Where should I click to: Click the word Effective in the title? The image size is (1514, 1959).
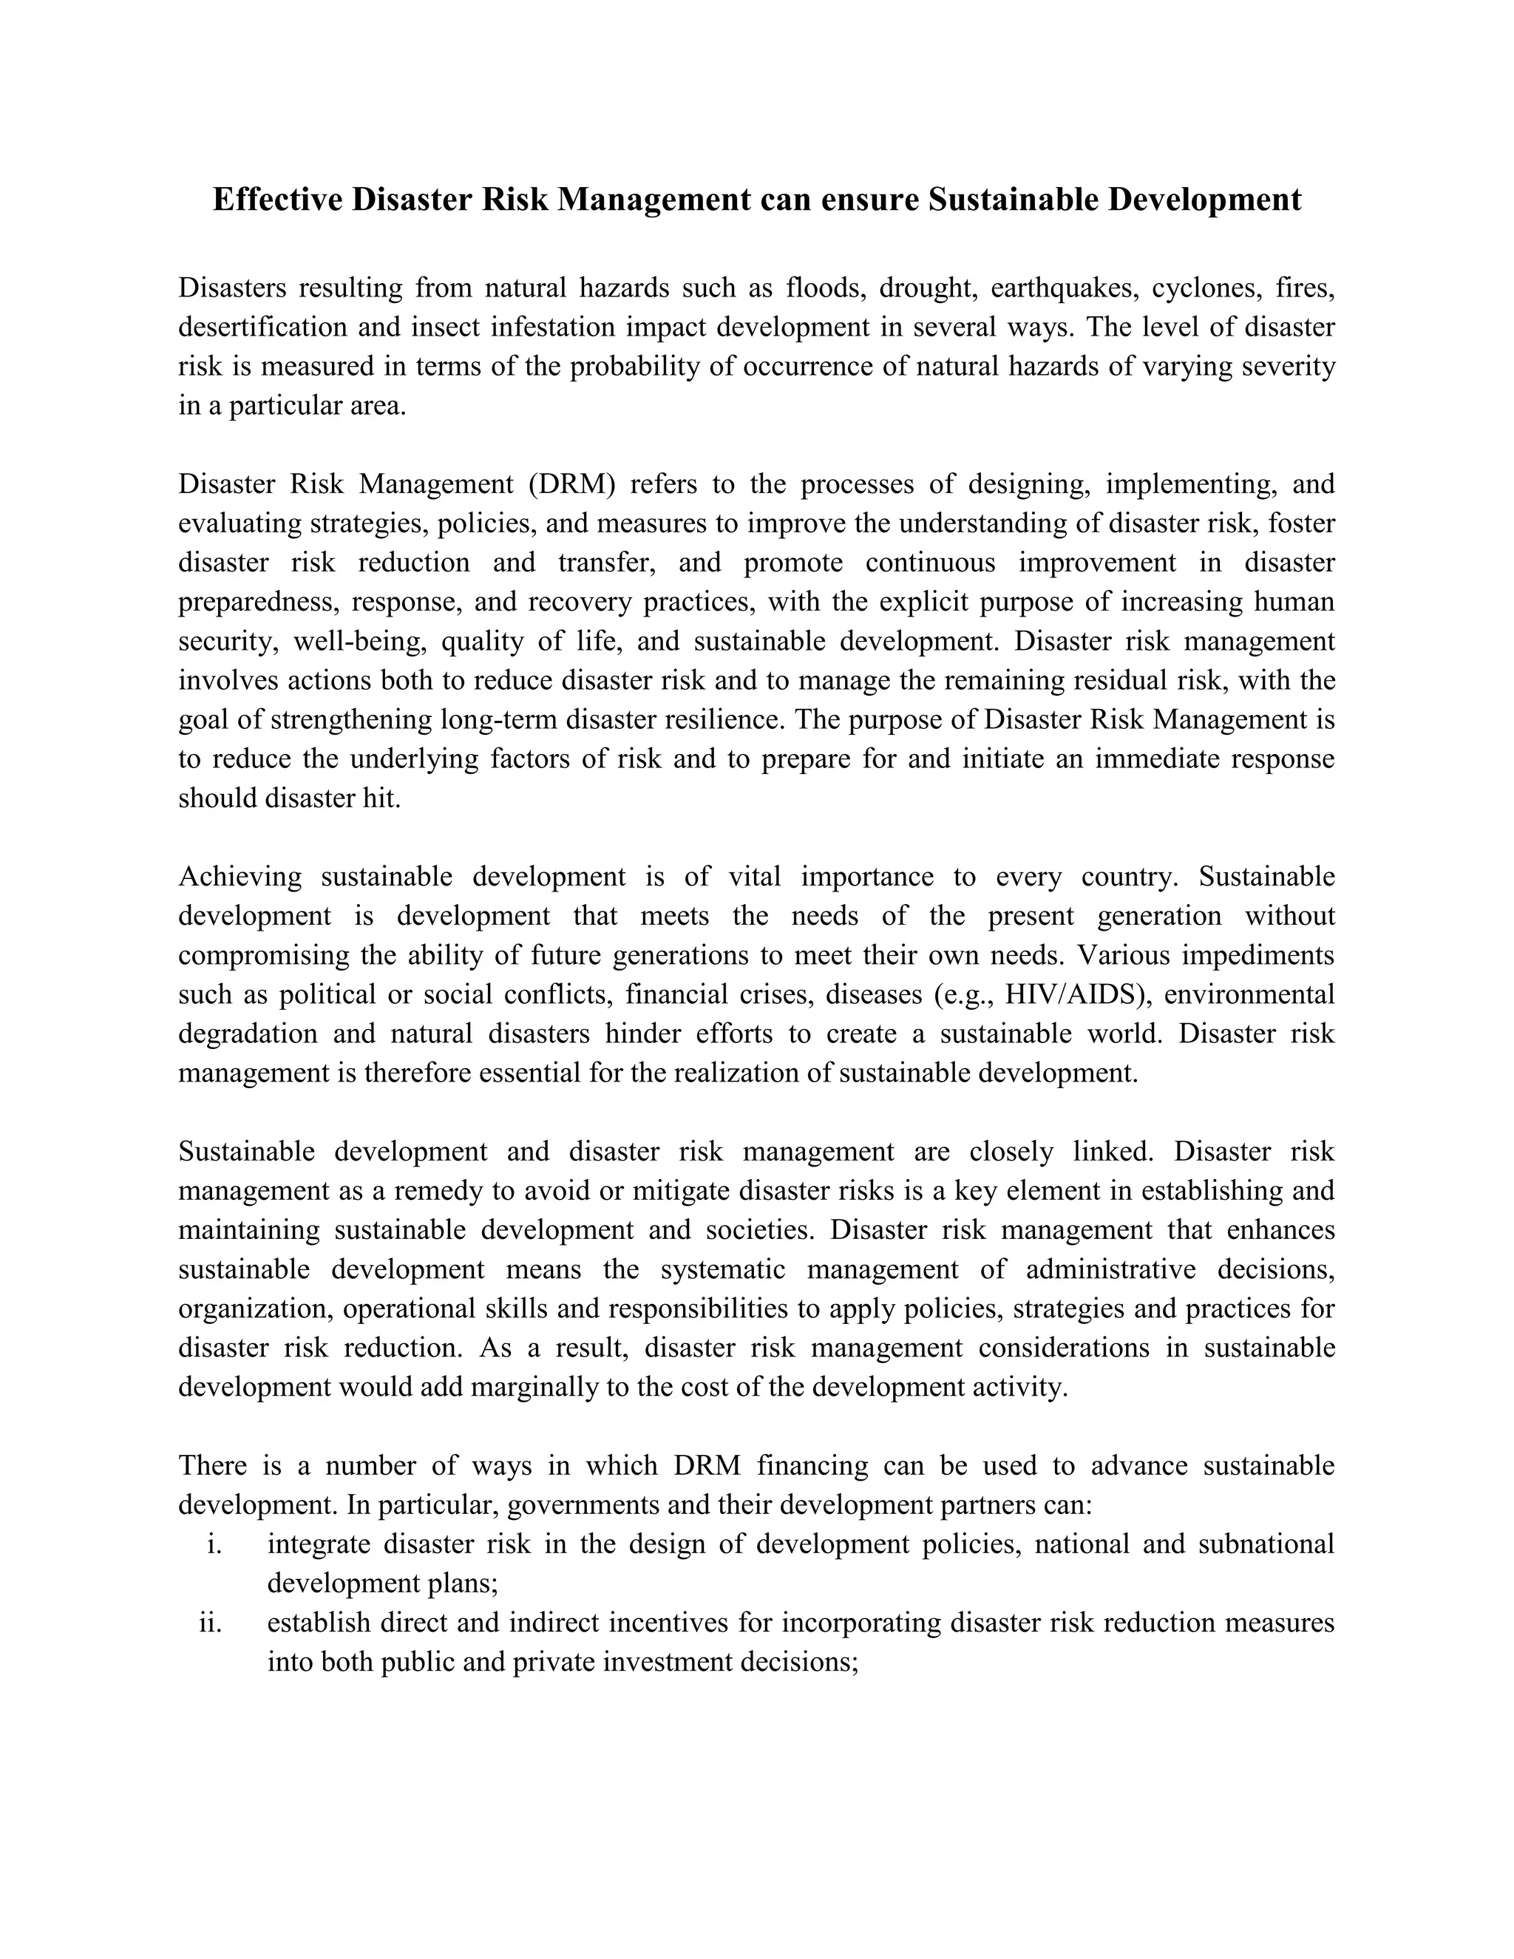[x=277, y=199]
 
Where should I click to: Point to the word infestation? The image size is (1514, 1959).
[x=551, y=327]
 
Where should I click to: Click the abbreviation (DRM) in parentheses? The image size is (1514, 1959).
[x=571, y=484]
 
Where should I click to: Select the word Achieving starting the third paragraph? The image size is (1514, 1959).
[x=240, y=876]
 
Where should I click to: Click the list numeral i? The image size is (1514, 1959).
[x=214, y=1544]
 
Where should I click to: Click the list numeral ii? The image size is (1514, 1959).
[x=211, y=1623]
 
